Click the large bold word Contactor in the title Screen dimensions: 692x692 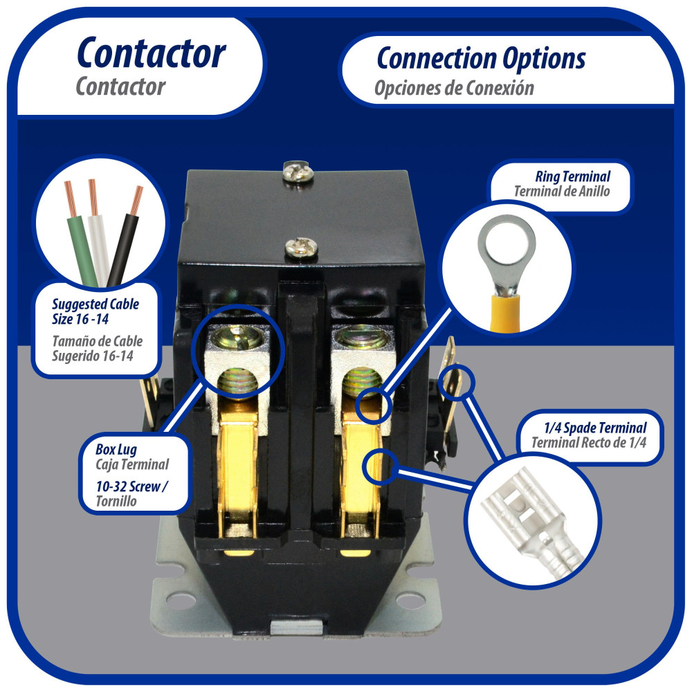coord(152,53)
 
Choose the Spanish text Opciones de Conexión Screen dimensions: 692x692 coord(454,89)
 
